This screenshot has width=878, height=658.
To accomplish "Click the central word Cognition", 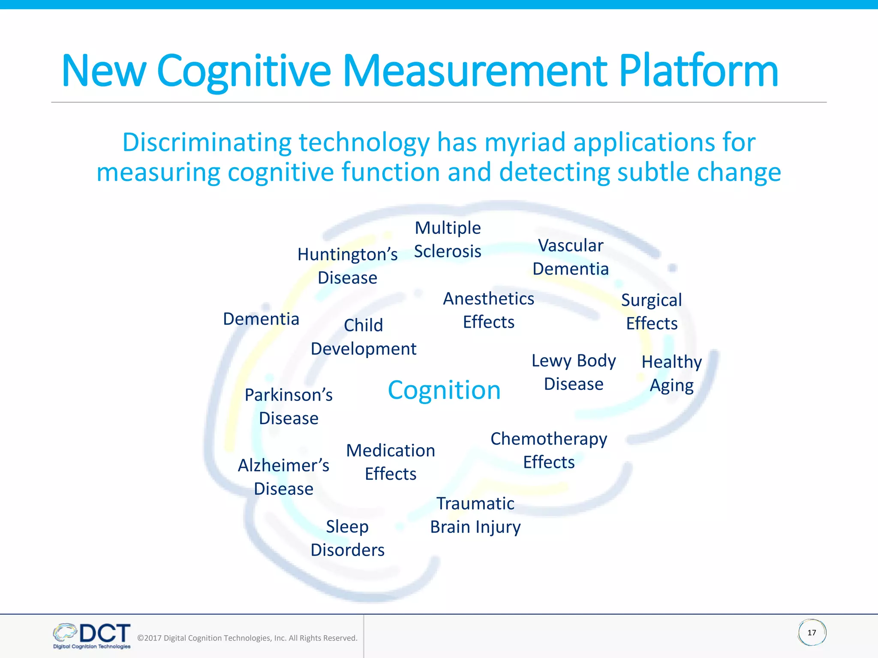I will [444, 390].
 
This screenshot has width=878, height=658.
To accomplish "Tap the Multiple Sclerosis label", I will [448, 239].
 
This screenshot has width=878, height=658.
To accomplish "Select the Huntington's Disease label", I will [347, 266].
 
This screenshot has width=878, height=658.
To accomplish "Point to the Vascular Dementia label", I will [571, 257].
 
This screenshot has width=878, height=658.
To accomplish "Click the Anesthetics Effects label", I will [488, 310].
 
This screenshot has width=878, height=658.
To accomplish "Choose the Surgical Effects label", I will [652, 312].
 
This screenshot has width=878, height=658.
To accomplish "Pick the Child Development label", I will [364, 337].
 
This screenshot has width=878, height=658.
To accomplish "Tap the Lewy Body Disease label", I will [574, 372].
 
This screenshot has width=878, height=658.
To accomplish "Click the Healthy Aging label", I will [672, 374].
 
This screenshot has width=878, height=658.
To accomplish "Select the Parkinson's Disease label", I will [289, 407].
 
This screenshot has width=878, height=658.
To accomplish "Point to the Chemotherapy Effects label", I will [549, 451].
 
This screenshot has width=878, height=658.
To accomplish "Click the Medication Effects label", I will [391, 462].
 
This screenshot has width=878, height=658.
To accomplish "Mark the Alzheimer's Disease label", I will [283, 477].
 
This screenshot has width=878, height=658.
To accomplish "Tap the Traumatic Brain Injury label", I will [475, 515].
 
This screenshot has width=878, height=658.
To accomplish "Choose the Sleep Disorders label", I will [347, 538].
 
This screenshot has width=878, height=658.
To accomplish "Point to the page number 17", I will [812, 633].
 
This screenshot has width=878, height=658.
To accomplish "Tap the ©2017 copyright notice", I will [247, 638].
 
